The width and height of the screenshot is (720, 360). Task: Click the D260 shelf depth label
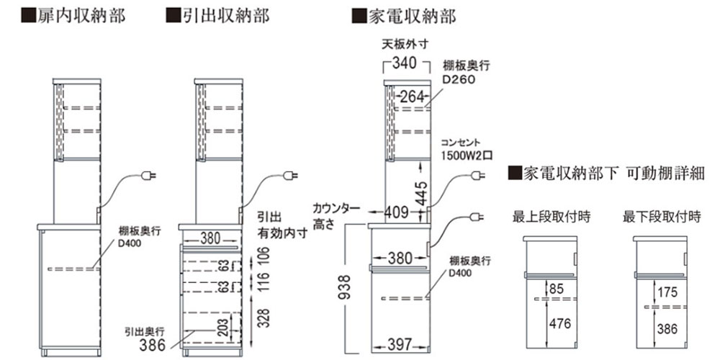(459, 79)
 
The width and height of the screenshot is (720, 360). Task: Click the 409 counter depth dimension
(396, 212)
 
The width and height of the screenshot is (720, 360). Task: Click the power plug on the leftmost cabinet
(150, 175)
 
